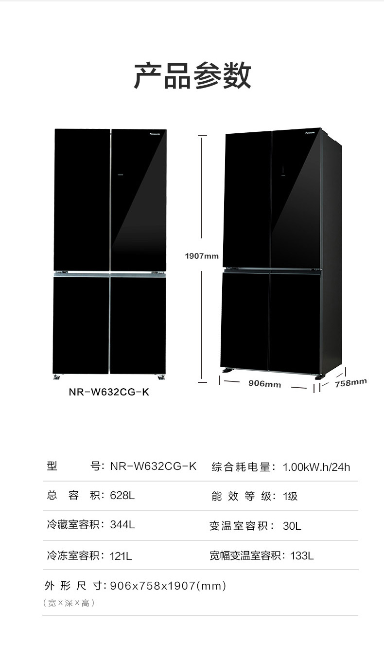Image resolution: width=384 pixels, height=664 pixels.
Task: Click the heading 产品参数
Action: tap(192, 76)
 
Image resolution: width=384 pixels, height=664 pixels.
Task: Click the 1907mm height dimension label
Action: tap(202, 256)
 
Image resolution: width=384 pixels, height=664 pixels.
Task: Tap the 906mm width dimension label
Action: tap(264, 384)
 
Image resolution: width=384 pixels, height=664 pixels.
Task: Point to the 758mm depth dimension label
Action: tap(350, 383)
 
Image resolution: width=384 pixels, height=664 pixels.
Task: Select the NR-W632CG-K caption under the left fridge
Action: tap(109, 392)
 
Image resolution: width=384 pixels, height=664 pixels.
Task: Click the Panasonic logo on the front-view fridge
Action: tap(157, 131)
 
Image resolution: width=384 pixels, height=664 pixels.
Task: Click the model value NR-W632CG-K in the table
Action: tap(153, 466)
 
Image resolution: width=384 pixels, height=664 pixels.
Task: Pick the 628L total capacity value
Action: tap(122, 496)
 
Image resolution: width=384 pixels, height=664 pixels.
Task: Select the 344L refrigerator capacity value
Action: tap(122, 525)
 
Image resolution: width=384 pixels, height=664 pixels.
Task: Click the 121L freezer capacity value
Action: tap(121, 555)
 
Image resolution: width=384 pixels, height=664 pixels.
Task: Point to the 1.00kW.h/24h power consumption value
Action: tap(316, 467)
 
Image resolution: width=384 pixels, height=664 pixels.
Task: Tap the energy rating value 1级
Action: tap(290, 496)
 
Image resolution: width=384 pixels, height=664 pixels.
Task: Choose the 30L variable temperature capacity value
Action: tap(292, 526)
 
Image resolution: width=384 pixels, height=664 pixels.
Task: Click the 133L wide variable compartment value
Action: tap(302, 555)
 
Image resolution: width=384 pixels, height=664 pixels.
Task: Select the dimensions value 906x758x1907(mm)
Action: tap(168, 586)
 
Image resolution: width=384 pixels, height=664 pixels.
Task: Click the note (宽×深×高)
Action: tap(69, 603)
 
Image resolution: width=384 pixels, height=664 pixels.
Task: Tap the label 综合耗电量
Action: tap(241, 467)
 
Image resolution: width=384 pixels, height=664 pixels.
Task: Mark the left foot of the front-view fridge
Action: tap(58, 376)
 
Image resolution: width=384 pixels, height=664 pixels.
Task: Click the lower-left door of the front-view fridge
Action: tap(81, 324)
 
